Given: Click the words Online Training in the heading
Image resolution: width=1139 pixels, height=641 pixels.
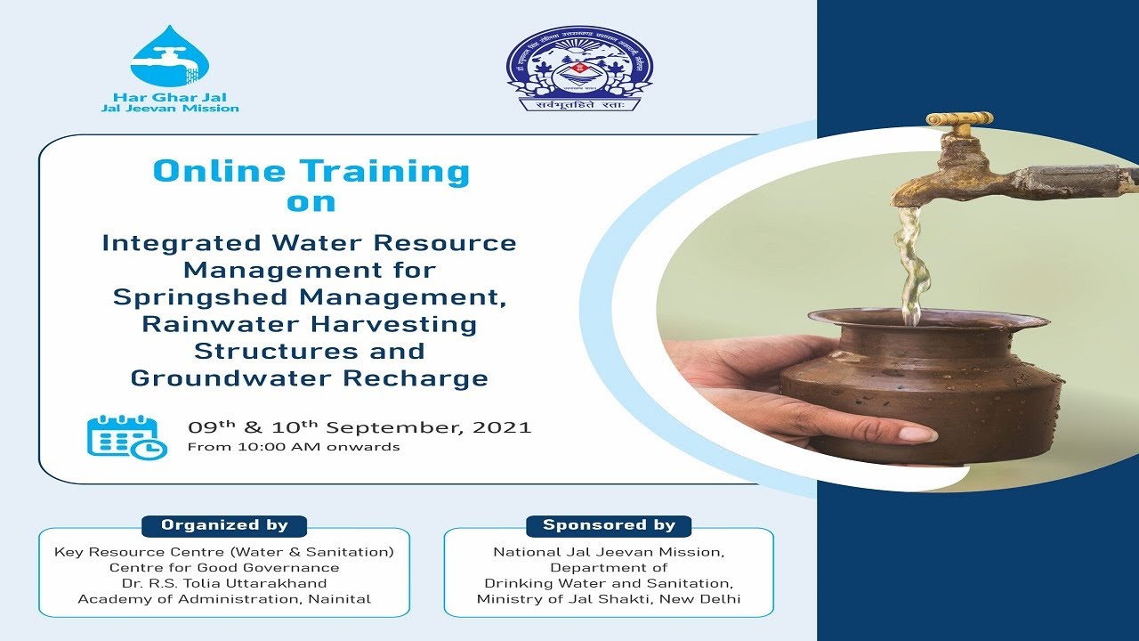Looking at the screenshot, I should click(x=311, y=171).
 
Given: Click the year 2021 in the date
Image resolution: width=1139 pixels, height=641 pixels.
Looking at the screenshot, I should click(x=502, y=427).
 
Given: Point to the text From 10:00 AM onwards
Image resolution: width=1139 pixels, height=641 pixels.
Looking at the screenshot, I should click(x=293, y=447).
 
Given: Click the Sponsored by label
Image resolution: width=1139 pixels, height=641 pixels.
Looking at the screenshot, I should click(x=609, y=525).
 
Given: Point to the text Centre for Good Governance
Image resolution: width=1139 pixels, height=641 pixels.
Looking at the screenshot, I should click(x=224, y=567).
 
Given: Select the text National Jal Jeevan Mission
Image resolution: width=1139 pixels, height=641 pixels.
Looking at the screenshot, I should click(x=609, y=552).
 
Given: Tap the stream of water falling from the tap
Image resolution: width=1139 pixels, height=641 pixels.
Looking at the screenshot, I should click(x=909, y=258).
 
